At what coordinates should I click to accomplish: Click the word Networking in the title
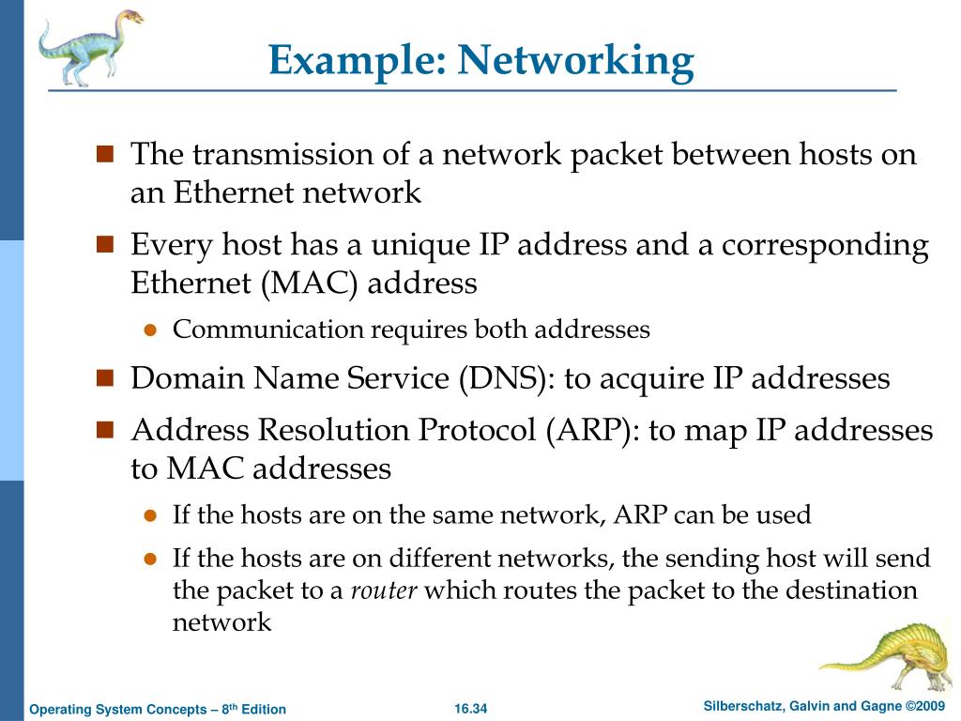[576, 61]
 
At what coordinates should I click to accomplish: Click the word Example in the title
[358, 61]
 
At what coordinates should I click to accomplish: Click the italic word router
[384, 591]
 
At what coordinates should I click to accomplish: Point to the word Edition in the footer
[264, 709]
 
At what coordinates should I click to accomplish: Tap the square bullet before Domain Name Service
[105, 378]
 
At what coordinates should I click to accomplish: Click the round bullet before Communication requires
[148, 330]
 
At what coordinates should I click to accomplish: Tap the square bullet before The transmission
[105, 153]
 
